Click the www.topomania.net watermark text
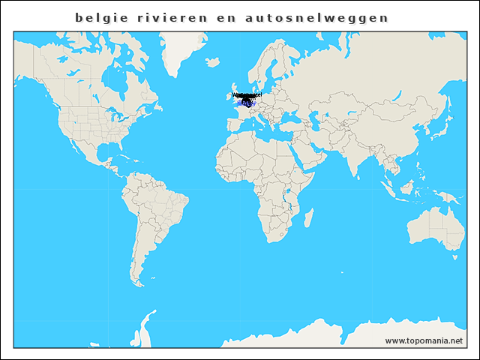point(424,340)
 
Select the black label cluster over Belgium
point(247,97)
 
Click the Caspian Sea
point(318,116)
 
